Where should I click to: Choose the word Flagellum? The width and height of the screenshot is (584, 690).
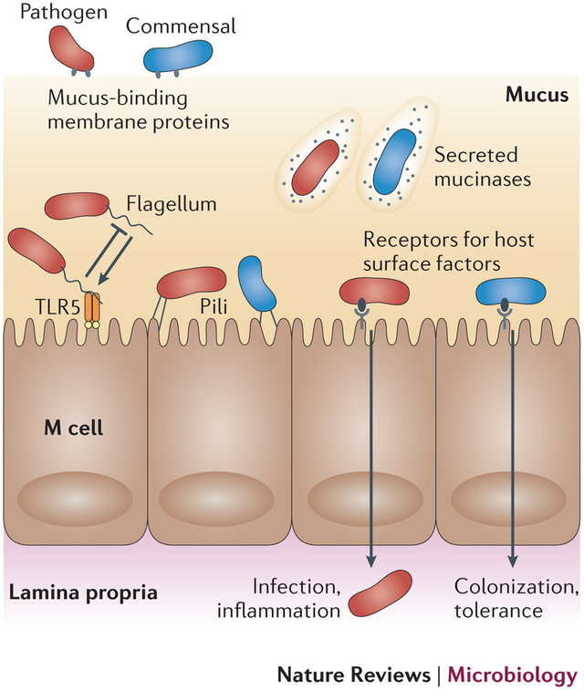pyautogui.click(x=172, y=204)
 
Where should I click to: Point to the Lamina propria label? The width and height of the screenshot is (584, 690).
pyautogui.click(x=83, y=592)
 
